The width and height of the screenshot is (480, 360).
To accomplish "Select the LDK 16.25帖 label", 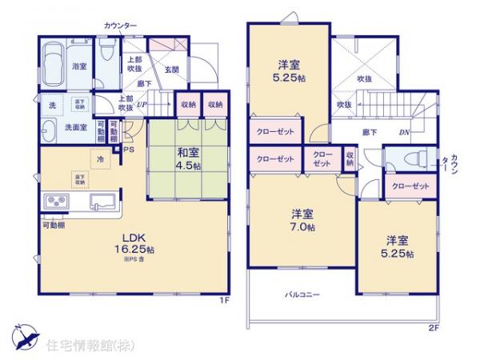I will (134, 243).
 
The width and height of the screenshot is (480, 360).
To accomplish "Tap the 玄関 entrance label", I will (172, 69).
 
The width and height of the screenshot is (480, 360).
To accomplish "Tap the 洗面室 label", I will (54, 126).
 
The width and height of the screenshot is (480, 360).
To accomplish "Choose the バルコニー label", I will (302, 294).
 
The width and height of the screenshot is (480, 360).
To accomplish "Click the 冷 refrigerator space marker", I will (100, 160).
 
